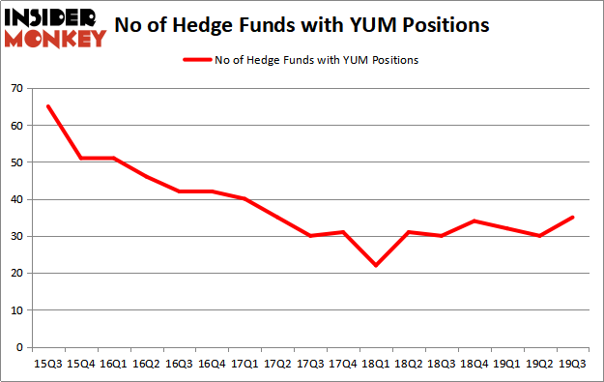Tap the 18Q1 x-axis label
coord(375,365)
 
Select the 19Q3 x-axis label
coord(572,365)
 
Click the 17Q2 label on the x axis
coord(276,365)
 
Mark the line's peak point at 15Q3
coord(46,106)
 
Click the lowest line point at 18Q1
coord(375,266)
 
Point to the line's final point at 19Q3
coord(572,218)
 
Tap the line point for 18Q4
coord(474,221)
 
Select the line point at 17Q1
coord(244,199)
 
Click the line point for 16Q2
coord(145,177)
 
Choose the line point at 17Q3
coord(309,236)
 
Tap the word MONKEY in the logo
coord(56,39)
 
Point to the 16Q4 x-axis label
coord(211,365)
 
